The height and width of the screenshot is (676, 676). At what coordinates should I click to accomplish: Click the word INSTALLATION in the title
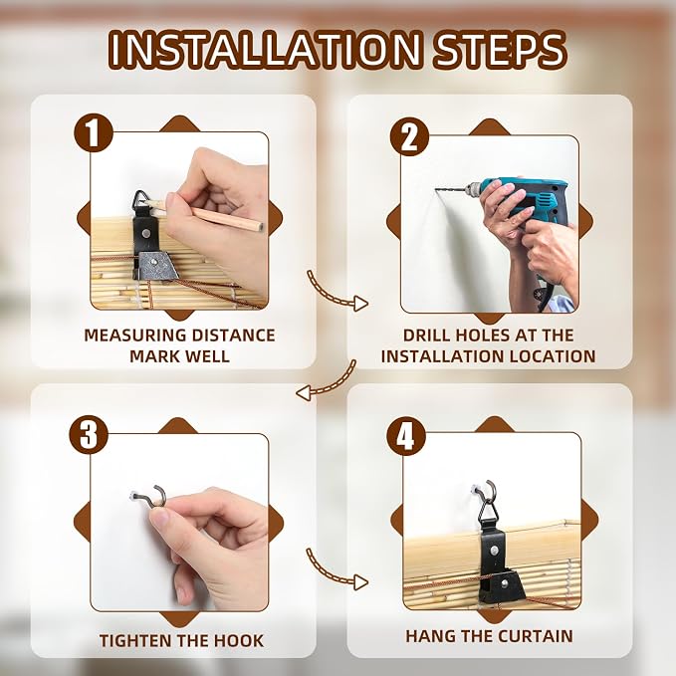[x=264, y=50]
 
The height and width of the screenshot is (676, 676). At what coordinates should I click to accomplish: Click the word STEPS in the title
[x=499, y=50]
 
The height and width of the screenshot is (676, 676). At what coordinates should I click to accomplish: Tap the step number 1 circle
[x=94, y=132]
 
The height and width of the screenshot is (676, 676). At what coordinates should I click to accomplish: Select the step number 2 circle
[x=409, y=136]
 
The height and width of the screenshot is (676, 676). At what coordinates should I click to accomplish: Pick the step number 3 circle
[x=89, y=434]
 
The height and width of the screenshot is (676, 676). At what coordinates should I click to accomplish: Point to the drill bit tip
[x=436, y=190]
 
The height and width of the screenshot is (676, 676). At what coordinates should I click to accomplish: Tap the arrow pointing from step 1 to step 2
[x=337, y=292]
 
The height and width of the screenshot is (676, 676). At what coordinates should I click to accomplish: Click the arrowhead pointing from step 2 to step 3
[x=304, y=393]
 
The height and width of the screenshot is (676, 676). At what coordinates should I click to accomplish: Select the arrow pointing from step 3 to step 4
[x=337, y=569]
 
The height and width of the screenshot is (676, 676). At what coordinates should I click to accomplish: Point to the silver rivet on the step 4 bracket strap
[x=496, y=551]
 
